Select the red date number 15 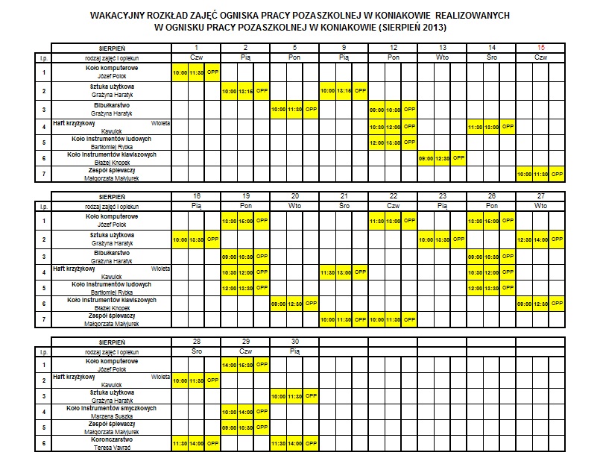pos(540,47)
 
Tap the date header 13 pos(442,47)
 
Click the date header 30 pos(294,341)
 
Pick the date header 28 pos(196,341)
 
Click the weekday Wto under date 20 pos(294,204)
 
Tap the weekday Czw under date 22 pos(393,204)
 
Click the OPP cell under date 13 pos(458,159)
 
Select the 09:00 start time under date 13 pos(426,159)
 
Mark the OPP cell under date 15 pos(557,175)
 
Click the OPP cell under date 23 pos(458,239)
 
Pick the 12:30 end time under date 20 pos(294,304)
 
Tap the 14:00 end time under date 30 pos(294,444)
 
